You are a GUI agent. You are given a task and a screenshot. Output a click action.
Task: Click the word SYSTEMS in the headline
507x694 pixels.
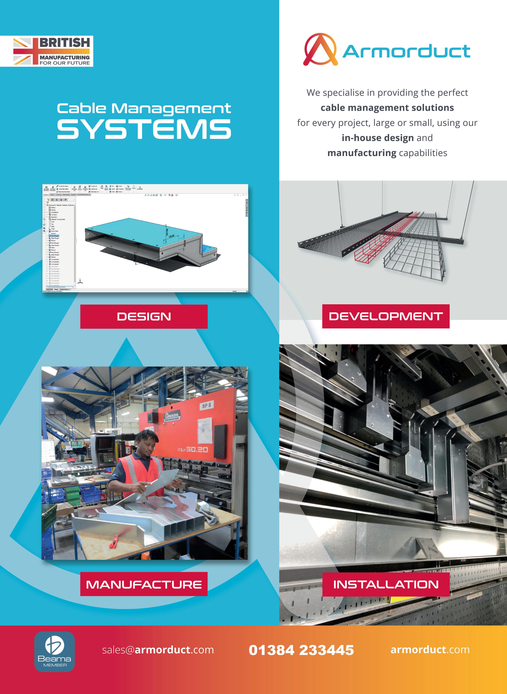click(144, 129)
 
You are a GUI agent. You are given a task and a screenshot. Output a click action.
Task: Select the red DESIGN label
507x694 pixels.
click(144, 316)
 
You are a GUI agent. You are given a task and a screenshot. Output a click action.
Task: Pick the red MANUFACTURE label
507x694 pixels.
click(144, 584)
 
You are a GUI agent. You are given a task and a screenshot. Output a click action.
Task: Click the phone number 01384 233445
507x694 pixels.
click(301, 650)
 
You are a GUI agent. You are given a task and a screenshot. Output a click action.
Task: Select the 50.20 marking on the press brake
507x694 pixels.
click(197, 450)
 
